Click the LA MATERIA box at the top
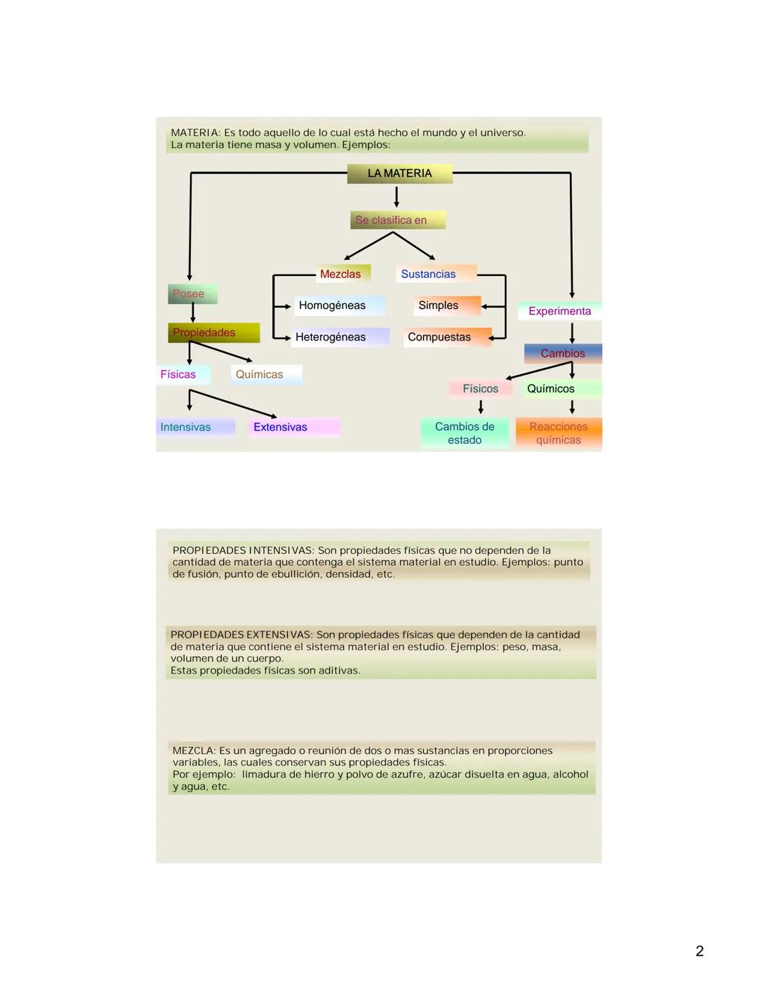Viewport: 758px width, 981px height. (399, 173)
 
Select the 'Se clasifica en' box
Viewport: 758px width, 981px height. (397, 220)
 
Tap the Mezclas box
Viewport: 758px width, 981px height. (341, 274)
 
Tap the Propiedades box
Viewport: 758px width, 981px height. (213, 332)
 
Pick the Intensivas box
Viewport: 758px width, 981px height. (194, 427)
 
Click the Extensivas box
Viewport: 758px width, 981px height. (293, 427)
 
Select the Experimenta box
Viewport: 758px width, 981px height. (559, 311)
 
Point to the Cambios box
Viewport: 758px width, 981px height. (562, 353)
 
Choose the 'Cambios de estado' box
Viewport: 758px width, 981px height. (465, 433)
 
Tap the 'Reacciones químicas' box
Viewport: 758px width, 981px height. (559, 433)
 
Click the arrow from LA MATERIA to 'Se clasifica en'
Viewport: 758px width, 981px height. (397, 197)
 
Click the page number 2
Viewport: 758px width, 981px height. (699, 951)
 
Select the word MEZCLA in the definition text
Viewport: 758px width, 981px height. (194, 751)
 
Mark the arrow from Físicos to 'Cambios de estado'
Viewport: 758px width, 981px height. (481, 407)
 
